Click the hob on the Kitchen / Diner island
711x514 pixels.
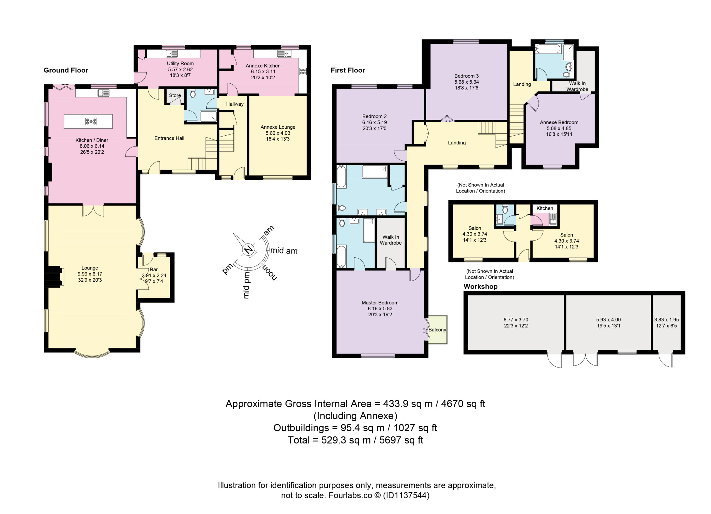pyautogui.click(x=91, y=121)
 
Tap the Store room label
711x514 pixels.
pyautogui.click(x=175, y=95)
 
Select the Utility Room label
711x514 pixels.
pyautogui.click(x=180, y=63)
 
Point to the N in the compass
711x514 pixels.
pyautogui.click(x=248, y=250)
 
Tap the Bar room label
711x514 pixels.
pyautogui.click(x=154, y=270)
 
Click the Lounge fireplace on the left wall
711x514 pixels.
pyautogui.click(x=54, y=276)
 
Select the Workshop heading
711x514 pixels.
pyautogui.click(x=480, y=287)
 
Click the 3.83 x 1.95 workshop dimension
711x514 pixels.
pyautogui.click(x=667, y=320)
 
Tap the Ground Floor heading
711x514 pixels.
pyautogui.click(x=66, y=70)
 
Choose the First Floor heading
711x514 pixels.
pyautogui.click(x=348, y=70)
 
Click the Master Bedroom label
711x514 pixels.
pyautogui.click(x=380, y=303)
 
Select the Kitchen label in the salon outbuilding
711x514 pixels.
pyautogui.click(x=545, y=208)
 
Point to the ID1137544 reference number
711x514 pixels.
pyautogui.click(x=406, y=495)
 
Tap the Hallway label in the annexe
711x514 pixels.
pyautogui.click(x=235, y=104)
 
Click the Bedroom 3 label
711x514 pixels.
pyautogui.click(x=467, y=76)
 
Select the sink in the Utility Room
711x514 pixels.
pyautogui.click(x=172, y=54)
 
